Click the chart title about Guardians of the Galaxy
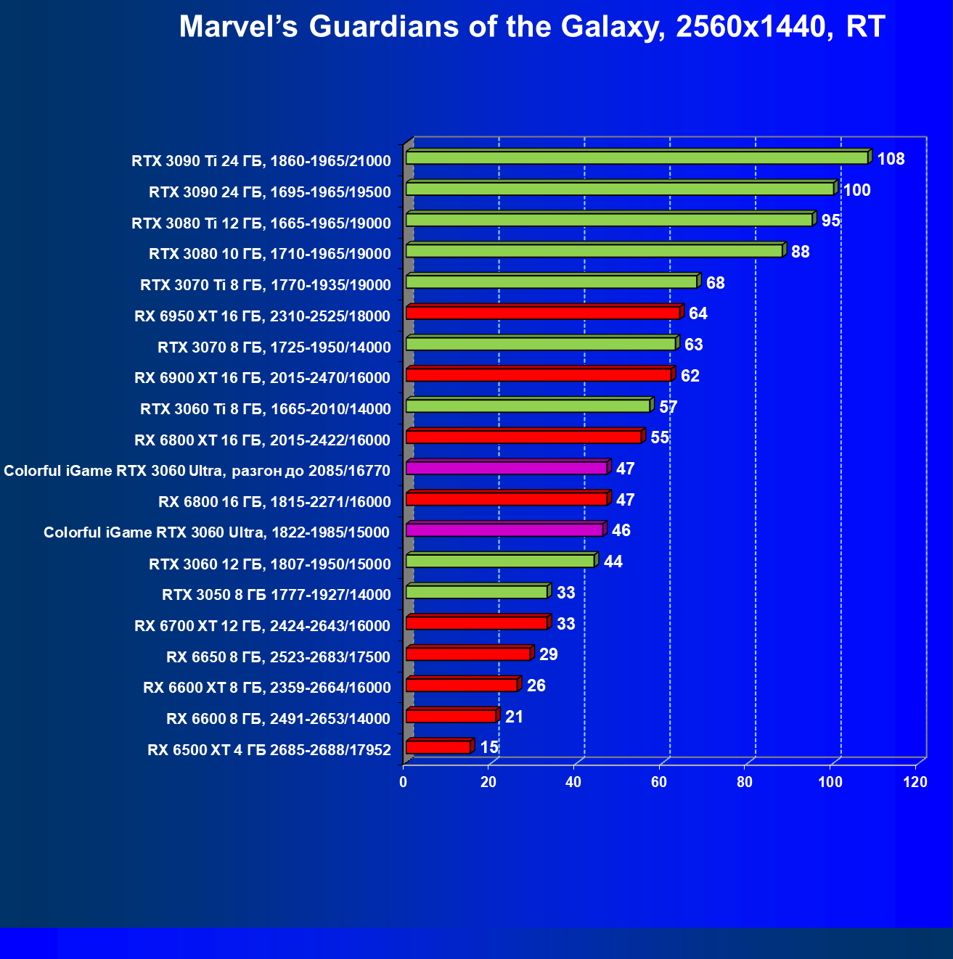pos(531,27)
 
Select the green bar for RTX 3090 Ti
pos(637,157)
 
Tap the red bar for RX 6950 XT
pos(542,313)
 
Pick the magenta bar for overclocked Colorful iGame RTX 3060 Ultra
pos(506,468)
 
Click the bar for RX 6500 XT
pos(438,747)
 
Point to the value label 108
pos(891,159)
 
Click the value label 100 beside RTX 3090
pos(856,190)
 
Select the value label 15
pos(489,747)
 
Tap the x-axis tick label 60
pos(659,782)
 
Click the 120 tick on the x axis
pos(915,782)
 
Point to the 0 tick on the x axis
pos(404,782)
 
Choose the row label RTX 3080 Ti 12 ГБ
pos(261,223)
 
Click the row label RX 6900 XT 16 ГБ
pos(263,377)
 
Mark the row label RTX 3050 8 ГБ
pos(277,595)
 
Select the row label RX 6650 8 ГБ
pos(279,657)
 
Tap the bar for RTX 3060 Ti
pos(528,406)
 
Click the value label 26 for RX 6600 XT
pos(536,686)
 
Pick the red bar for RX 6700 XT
pos(476,623)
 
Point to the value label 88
pos(800,252)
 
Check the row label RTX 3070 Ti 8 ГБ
pos(266,284)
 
